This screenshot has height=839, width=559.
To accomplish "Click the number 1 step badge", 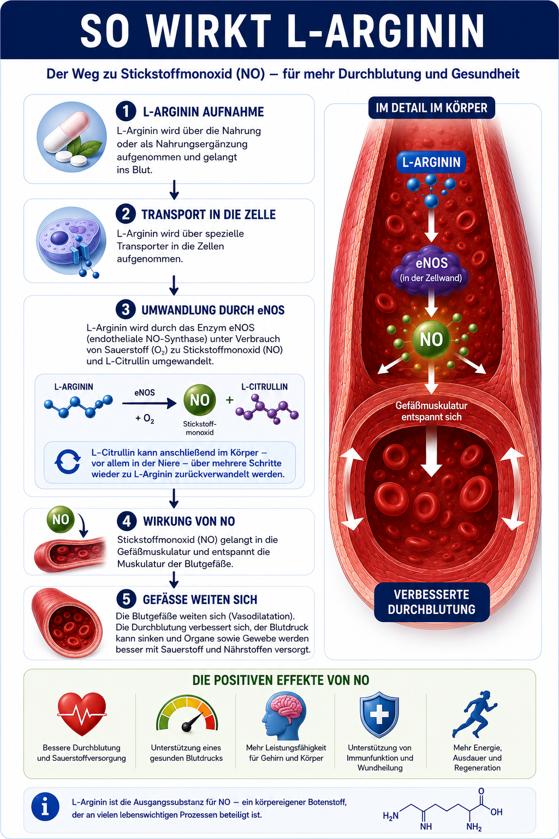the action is coord(126,111).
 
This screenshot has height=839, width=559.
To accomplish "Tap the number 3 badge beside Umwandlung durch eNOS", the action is coord(126,310).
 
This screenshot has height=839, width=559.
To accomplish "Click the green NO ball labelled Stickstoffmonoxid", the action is coord(200,400).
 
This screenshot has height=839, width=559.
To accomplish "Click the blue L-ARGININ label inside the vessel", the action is coord(431,162).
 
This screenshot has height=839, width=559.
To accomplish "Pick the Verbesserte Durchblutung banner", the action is coord(432,602).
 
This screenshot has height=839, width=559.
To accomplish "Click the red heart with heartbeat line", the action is coord(82,713).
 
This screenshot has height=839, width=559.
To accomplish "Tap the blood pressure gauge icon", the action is coord(187,713).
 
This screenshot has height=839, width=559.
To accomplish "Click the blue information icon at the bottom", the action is coord(45,807).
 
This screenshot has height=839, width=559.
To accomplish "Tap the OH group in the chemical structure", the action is coord(496,812).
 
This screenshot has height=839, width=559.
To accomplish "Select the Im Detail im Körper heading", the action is coord(432,108).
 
